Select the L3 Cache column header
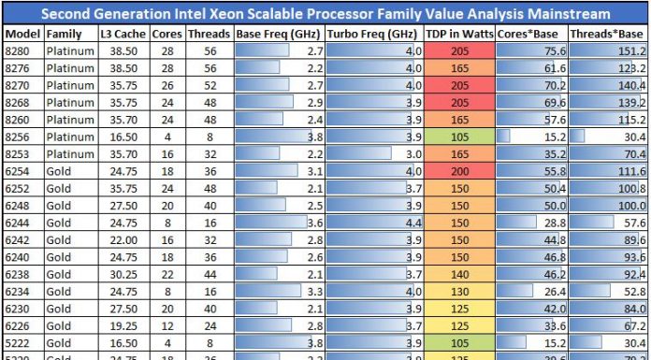pyautogui.click(x=123, y=33)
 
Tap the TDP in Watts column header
pyautogui.click(x=458, y=33)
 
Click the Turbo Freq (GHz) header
pyautogui.click(x=371, y=33)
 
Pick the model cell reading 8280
pyautogui.click(x=17, y=50)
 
